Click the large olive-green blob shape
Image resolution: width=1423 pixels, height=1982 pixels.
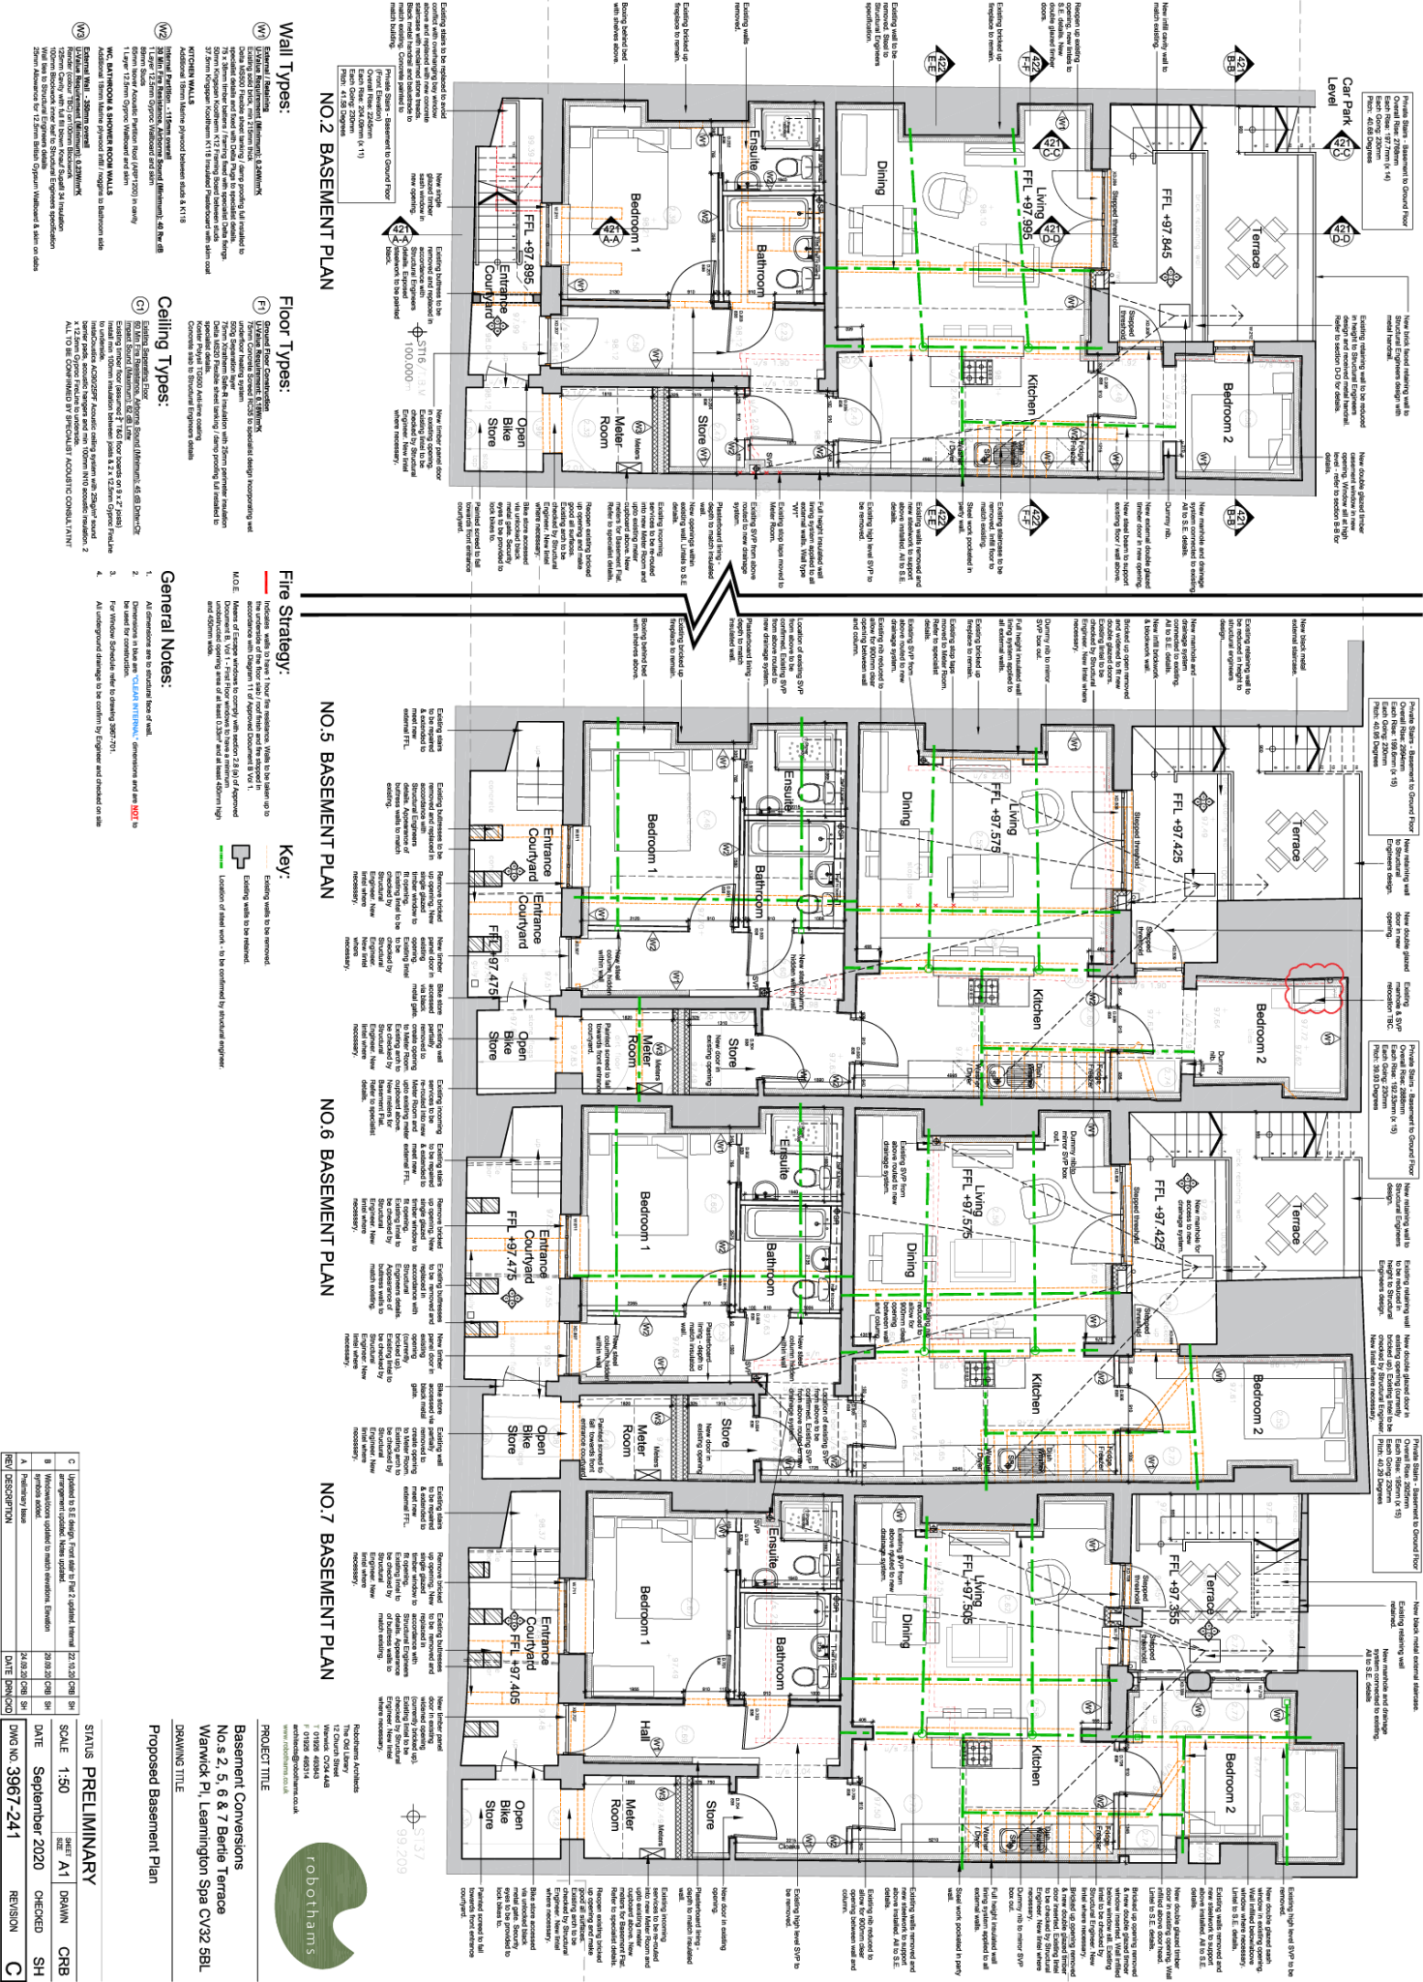[317, 1905]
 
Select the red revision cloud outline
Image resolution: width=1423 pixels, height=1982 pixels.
[1313, 988]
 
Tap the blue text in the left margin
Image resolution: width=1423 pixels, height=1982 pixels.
[135, 707]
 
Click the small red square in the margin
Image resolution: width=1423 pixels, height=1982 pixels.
[134, 812]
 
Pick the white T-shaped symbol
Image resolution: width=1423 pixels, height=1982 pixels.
[241, 856]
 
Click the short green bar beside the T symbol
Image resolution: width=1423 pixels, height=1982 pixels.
[221, 856]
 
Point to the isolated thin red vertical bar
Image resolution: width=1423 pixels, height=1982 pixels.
[266, 582]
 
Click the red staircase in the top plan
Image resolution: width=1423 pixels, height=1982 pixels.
[517, 184]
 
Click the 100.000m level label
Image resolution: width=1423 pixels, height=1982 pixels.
[408, 367]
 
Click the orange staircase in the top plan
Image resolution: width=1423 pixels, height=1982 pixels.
[1012, 447]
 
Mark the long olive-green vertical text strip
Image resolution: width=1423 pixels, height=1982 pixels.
[285, 1758]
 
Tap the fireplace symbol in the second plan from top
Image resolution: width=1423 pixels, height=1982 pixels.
[804, 750]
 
